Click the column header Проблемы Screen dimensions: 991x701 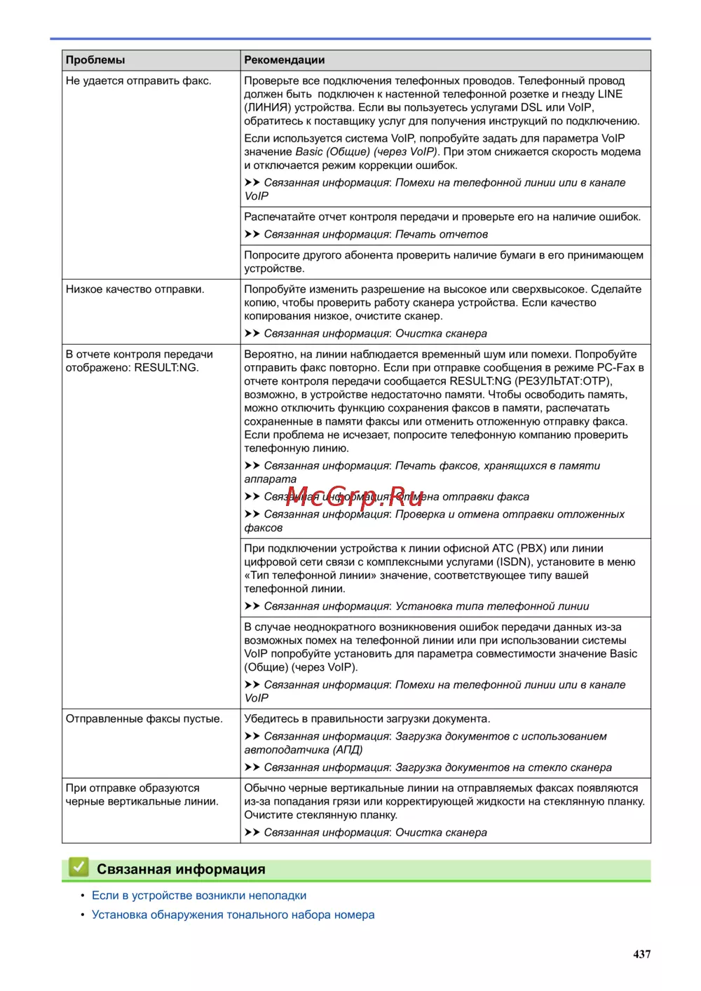click(x=95, y=60)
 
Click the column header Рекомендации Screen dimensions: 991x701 click(x=284, y=60)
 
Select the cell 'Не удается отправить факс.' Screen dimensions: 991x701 click(x=138, y=81)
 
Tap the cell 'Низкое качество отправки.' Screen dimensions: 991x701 click(x=135, y=289)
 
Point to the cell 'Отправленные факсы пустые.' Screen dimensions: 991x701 click(x=144, y=719)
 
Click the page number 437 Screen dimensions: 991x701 click(x=641, y=954)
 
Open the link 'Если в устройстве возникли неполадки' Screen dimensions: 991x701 click(x=199, y=896)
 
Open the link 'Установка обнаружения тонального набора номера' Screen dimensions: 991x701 click(x=233, y=915)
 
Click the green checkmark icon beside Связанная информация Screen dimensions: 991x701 click(x=79, y=868)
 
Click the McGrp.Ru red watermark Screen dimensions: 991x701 click(x=355, y=496)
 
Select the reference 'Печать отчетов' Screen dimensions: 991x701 click(x=441, y=235)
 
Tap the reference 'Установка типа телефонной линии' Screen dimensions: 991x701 click(x=491, y=606)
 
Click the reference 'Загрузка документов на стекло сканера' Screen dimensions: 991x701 click(x=503, y=768)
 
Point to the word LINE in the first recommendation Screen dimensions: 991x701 click(x=610, y=95)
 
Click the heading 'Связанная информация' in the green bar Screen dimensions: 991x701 click(x=181, y=869)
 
